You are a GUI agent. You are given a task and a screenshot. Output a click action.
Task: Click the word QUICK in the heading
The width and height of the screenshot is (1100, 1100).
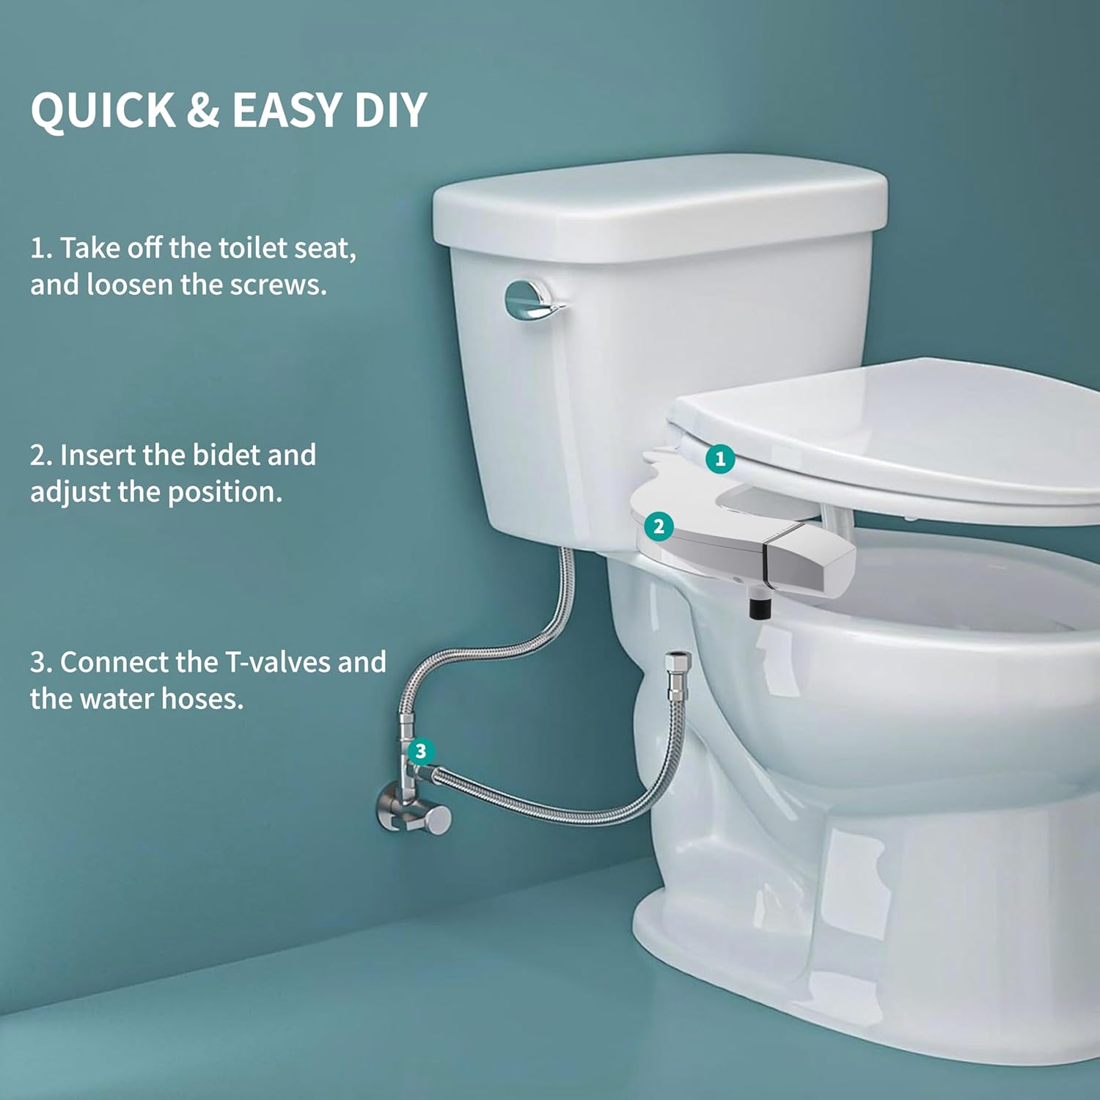[103, 110]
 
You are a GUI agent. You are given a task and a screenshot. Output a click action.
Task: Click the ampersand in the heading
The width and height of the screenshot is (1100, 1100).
[203, 110]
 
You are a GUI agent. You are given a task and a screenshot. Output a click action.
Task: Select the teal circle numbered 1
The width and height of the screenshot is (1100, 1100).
[720, 459]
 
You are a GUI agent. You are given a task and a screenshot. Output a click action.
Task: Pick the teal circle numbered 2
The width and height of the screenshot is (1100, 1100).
[659, 526]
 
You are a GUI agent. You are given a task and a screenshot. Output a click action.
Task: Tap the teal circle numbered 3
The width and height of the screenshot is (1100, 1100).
[420, 751]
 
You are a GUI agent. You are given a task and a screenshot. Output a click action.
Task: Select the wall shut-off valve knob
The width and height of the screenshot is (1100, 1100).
[439, 819]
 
